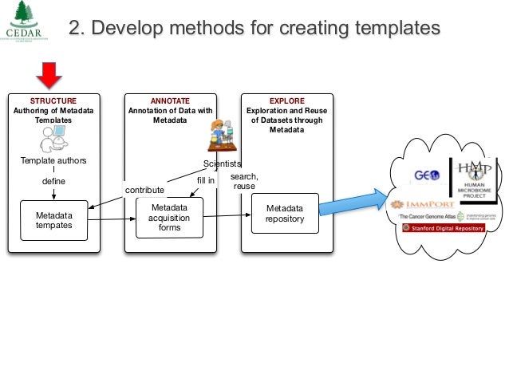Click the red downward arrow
50,76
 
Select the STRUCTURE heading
53,101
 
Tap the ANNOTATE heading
169,101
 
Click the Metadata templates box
53,220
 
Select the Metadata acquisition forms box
169,217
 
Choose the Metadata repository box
285,214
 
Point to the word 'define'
53,181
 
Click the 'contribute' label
144,191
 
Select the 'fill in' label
206,180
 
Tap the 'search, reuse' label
243,181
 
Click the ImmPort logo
420,205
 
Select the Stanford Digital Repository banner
444,228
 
